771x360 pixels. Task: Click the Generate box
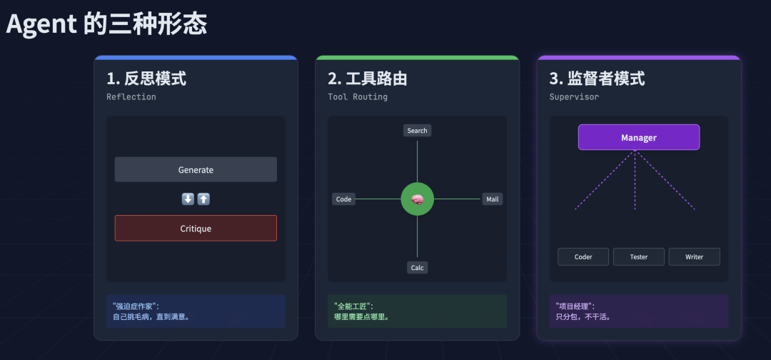(x=196, y=170)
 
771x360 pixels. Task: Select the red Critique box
(x=196, y=229)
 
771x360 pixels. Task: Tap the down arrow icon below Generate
(x=188, y=199)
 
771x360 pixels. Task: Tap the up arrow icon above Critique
(x=203, y=199)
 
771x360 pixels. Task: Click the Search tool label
(x=417, y=131)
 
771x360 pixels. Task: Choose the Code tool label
(x=343, y=199)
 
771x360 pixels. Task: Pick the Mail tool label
(x=492, y=199)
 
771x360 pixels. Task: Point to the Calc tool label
(x=417, y=268)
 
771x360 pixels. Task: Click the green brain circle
(x=418, y=199)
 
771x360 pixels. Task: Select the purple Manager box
(x=638, y=137)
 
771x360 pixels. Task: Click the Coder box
(x=583, y=257)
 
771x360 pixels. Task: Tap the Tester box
(x=639, y=257)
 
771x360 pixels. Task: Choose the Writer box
(x=694, y=257)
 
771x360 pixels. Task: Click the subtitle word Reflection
(x=131, y=97)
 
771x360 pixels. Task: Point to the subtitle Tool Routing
(x=358, y=97)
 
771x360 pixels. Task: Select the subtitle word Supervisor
(x=574, y=97)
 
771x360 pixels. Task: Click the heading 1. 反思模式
(x=146, y=79)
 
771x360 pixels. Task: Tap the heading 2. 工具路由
(x=368, y=79)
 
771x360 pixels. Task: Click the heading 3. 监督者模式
(x=597, y=79)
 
